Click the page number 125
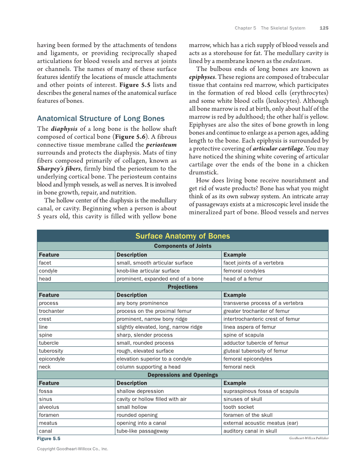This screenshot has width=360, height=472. tap(324, 28)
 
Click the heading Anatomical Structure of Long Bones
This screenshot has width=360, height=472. tap(101, 118)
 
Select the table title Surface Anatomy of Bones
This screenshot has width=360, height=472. tap(182, 236)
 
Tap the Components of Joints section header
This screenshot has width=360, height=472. tap(182, 246)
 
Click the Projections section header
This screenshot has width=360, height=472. tap(182, 287)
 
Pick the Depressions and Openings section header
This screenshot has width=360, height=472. tap(182, 375)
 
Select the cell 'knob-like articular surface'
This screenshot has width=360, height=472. tap(148, 271)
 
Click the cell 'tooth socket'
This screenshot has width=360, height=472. tap(239, 407)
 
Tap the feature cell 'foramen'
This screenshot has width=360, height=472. tap(49, 415)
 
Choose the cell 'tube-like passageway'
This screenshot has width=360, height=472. tap(142, 431)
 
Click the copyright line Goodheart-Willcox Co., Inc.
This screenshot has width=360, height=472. tap(73, 449)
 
